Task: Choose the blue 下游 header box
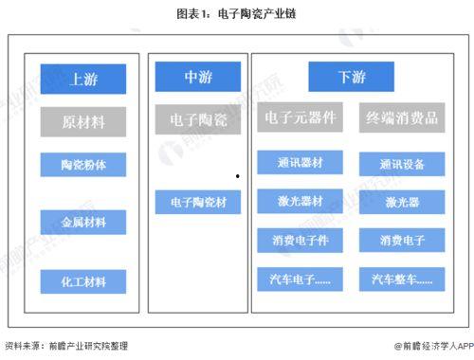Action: click(x=351, y=76)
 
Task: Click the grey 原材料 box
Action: click(x=84, y=122)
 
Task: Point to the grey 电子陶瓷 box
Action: click(x=197, y=118)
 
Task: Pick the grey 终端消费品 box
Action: click(x=403, y=118)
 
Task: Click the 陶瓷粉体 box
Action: click(x=84, y=164)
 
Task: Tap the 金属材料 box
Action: click(x=84, y=223)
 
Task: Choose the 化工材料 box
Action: click(x=84, y=280)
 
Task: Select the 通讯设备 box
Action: click(x=403, y=163)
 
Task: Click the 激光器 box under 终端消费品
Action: click(x=403, y=202)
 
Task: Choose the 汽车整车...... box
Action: click(x=403, y=279)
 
